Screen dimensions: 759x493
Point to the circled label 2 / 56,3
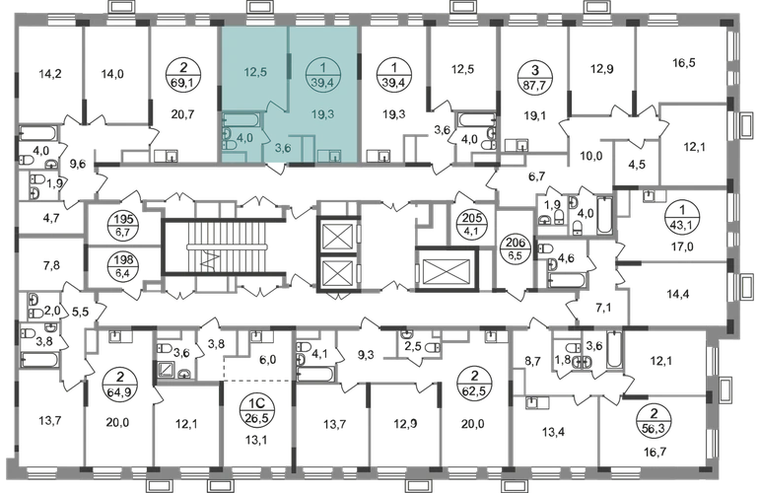tap(655, 421)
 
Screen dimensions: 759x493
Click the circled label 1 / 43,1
tap(682, 218)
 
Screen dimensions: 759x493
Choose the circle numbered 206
tap(516, 248)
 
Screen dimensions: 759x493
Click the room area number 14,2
tap(50, 74)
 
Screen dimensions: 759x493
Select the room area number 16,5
tap(684, 63)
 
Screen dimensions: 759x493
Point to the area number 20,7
tap(182, 114)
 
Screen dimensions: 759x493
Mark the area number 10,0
tap(591, 157)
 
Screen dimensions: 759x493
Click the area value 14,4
tap(678, 294)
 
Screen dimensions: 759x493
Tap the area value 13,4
tap(553, 432)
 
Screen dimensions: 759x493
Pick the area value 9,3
tap(366, 356)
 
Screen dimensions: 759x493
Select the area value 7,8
tap(51, 265)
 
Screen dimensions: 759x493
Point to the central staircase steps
tap(228, 247)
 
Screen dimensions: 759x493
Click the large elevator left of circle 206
tap(447, 270)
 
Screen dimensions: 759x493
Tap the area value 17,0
tap(681, 247)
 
